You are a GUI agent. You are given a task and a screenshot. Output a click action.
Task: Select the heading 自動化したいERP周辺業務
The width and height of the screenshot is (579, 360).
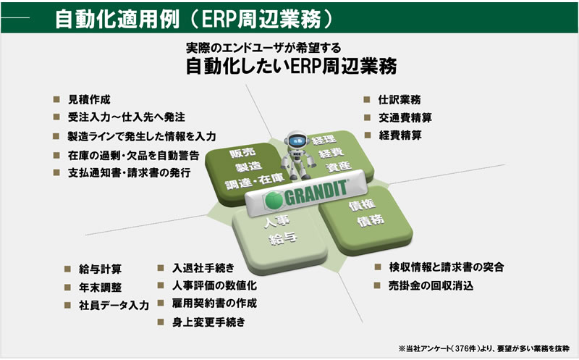click(x=289, y=67)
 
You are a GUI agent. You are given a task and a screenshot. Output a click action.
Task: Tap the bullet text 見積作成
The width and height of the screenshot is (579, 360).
click(x=90, y=99)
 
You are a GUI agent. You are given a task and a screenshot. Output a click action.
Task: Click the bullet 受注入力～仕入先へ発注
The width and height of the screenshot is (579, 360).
click(x=127, y=117)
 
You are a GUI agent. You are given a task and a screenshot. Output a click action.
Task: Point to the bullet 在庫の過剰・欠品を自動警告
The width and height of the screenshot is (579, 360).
click(x=133, y=154)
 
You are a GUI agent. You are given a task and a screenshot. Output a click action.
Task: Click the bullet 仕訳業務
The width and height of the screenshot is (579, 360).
click(x=400, y=99)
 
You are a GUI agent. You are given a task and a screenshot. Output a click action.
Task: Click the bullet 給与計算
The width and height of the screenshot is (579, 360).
click(x=101, y=269)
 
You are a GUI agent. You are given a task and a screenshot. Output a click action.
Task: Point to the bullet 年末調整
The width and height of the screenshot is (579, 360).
click(x=101, y=287)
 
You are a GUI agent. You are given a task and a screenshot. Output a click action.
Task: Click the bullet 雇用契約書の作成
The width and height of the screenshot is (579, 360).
click(x=209, y=304)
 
